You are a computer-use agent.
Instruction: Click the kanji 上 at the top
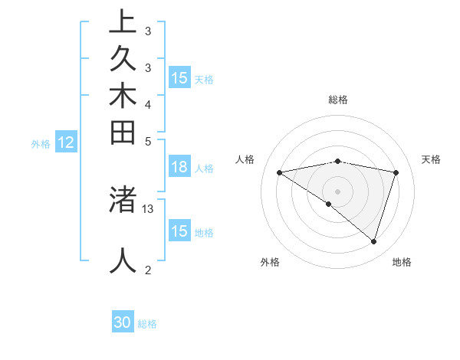click(123, 22)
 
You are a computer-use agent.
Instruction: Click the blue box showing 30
click(123, 322)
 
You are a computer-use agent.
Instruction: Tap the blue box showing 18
click(179, 168)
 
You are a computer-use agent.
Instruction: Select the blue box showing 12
click(66, 142)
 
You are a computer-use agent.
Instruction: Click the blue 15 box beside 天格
click(179, 78)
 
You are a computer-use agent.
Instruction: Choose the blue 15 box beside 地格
click(179, 231)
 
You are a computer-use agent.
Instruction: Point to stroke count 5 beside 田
click(148, 141)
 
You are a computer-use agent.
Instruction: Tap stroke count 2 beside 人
click(148, 270)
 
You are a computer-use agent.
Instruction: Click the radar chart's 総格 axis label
click(337, 100)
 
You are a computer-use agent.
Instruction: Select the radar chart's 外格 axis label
click(270, 262)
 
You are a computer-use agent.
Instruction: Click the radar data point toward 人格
click(280, 172)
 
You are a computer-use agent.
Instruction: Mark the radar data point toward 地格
click(373, 241)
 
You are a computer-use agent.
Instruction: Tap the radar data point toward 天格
click(396, 172)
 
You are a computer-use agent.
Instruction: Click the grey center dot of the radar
click(337, 191)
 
